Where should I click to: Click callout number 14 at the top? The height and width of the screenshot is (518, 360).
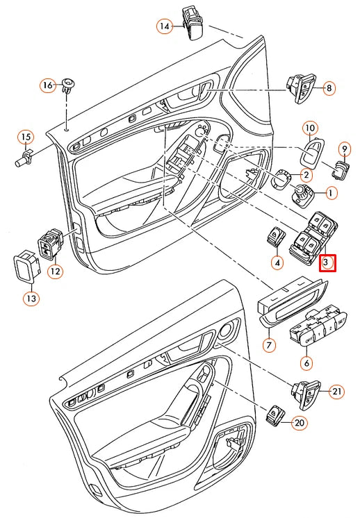tap(164, 26)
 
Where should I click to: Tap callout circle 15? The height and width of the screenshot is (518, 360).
tap(26, 137)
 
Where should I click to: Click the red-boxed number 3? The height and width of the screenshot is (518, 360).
tap(327, 264)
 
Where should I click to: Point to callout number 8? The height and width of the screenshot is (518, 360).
tap(329, 88)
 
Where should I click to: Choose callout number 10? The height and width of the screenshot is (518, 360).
tap(310, 128)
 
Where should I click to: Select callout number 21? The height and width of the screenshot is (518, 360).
tap(337, 392)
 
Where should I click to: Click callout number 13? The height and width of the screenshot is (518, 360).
tap(32, 299)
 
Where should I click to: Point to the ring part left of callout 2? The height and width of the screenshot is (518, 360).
tap(281, 177)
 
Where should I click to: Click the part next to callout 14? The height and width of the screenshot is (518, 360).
tap(192, 20)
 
